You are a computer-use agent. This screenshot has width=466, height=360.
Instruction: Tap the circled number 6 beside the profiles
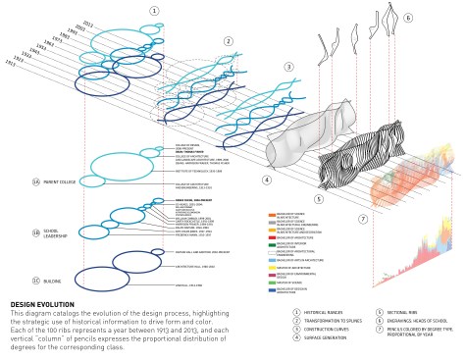point(408,18)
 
